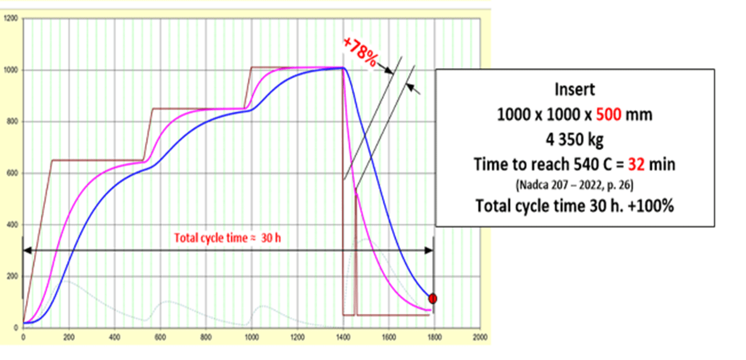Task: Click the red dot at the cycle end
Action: coord(433,298)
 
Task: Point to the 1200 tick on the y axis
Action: coord(11,19)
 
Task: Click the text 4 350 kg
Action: coord(575,139)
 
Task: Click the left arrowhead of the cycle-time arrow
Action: coord(26,250)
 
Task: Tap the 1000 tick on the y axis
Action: coord(11,70)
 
